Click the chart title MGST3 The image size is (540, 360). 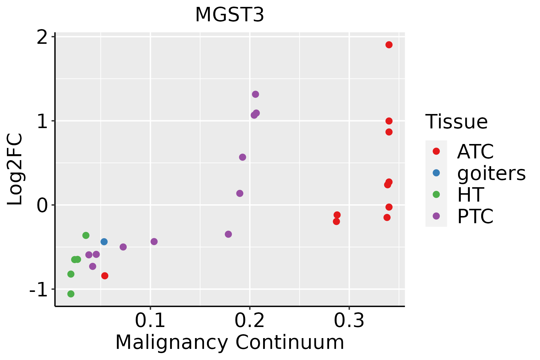click(x=229, y=15)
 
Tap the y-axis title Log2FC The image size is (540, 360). click(x=15, y=169)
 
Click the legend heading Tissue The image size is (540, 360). click(x=456, y=122)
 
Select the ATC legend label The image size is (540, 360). click(x=475, y=151)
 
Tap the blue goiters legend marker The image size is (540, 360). click(x=436, y=173)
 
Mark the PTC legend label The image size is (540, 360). click(x=475, y=216)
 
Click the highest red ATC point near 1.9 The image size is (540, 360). click(x=389, y=45)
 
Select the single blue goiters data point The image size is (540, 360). click(x=104, y=241)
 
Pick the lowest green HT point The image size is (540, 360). click(x=71, y=294)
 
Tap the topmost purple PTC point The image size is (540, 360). click(x=255, y=94)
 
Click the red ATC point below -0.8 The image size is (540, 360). click(x=105, y=276)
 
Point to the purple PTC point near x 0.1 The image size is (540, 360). click(x=154, y=241)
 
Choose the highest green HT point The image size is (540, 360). click(x=86, y=235)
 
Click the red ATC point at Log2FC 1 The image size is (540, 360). click(x=389, y=121)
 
